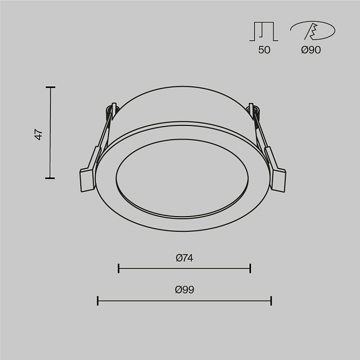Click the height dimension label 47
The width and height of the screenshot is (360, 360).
tap(39, 135)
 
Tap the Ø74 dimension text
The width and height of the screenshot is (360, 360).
tap(185, 258)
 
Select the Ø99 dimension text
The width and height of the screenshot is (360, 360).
tap(184, 290)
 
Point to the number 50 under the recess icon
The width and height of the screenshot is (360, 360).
tap(264, 50)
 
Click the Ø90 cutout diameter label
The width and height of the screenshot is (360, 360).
tap(311, 50)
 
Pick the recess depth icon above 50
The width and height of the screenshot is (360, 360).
tap(264, 31)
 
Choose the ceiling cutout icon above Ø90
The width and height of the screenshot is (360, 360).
tap(313, 30)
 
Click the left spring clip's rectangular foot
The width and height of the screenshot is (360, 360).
tap(87, 180)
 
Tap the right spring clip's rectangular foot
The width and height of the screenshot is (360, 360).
tap(279, 180)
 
